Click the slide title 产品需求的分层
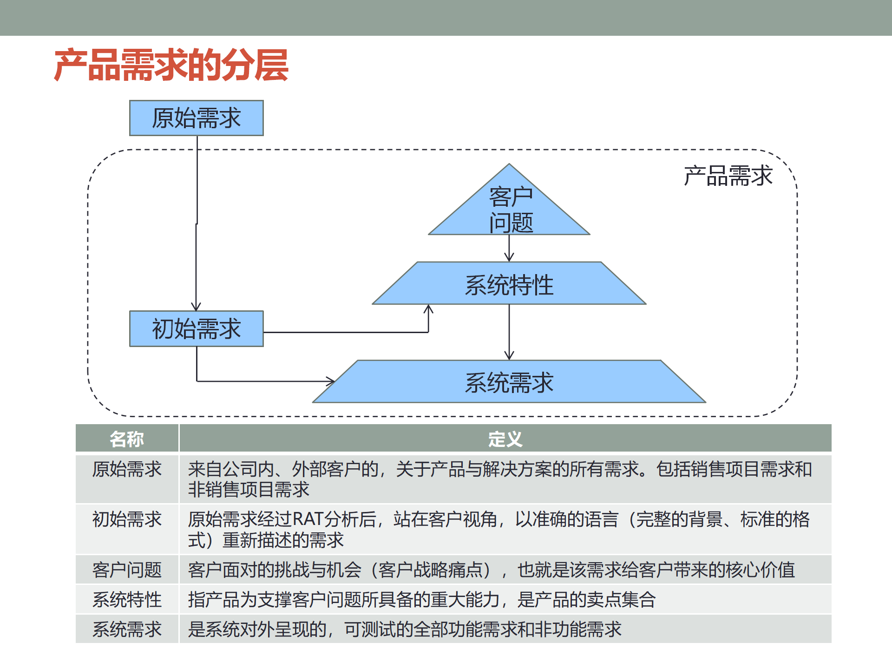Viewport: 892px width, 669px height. click(x=171, y=66)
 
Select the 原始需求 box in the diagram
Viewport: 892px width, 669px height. click(x=196, y=118)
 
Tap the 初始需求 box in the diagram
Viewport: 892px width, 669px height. click(x=196, y=329)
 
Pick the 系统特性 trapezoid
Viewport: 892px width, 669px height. click(x=509, y=284)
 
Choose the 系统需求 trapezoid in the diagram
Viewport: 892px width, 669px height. click(x=509, y=382)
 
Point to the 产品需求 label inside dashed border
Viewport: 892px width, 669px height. click(x=728, y=176)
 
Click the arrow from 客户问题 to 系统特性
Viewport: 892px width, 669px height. click(x=509, y=248)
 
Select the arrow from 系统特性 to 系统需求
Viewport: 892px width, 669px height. click(x=509, y=332)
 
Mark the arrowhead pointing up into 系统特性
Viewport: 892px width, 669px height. click(x=428, y=309)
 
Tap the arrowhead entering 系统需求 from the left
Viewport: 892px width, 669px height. click(x=330, y=381)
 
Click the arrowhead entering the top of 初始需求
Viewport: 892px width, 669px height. click(x=196, y=307)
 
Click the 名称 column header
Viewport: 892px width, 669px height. click(x=127, y=439)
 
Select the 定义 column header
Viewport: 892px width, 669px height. click(x=505, y=439)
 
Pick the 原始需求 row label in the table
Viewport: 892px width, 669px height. click(x=127, y=469)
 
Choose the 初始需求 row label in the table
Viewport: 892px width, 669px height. click(x=127, y=519)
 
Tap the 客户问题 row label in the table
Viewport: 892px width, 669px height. click(x=127, y=570)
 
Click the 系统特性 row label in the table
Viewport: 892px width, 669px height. click(x=127, y=600)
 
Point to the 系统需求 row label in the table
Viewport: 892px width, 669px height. click(x=127, y=630)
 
